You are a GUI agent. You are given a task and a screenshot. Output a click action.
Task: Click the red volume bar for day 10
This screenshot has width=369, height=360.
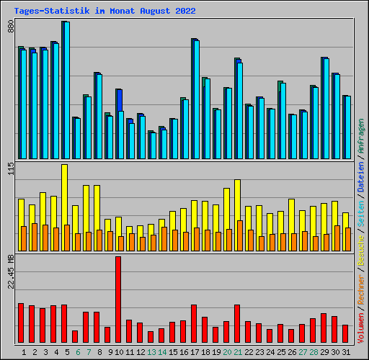point(118,300)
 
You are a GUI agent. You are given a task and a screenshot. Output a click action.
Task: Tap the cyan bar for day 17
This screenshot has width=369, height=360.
point(197,99)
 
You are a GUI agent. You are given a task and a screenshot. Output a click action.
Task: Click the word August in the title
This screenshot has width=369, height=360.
point(155,11)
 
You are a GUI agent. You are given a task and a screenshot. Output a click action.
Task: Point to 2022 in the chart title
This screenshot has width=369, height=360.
point(185,11)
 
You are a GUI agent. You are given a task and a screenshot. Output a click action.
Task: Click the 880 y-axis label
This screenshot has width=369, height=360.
point(11,27)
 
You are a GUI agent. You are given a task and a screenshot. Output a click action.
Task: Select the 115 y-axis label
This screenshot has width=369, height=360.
point(11,168)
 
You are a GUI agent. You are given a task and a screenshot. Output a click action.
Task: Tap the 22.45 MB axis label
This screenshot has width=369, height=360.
point(11,272)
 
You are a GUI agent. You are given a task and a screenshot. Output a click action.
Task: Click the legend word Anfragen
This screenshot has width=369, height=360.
point(361,136)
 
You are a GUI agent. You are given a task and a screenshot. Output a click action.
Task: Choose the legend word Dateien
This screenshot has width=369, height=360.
point(361,176)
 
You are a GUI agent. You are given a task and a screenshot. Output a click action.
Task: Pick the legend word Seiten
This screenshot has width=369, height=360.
point(361,214)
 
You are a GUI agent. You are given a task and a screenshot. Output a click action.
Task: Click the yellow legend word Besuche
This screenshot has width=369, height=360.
point(361,250)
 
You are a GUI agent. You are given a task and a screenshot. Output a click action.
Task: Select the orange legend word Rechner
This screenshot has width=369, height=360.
point(361,289)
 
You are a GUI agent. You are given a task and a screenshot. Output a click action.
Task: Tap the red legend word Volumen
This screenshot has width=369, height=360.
point(361,328)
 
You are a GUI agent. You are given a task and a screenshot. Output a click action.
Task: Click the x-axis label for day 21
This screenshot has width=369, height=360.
point(238,352)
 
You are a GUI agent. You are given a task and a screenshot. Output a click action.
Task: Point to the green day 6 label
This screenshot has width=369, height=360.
point(78,352)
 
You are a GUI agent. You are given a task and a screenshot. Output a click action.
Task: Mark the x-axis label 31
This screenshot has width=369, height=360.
point(346,352)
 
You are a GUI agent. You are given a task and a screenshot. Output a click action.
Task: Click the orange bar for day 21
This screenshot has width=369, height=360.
point(240,236)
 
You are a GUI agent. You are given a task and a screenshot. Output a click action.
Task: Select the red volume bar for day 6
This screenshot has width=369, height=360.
point(75,336)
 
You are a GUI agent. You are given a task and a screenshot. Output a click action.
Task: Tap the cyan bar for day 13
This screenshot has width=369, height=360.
point(154,145)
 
